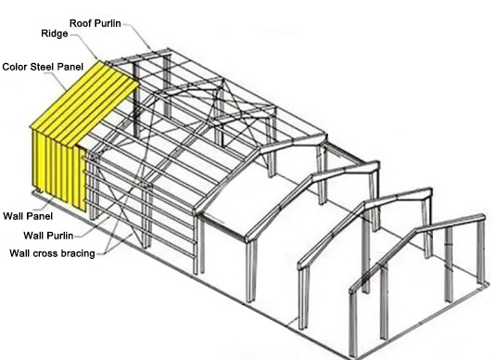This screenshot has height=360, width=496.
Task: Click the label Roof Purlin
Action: click(95, 23)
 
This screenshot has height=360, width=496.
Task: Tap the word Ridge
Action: click(55, 34)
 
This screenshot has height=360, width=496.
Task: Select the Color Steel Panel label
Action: click(43, 67)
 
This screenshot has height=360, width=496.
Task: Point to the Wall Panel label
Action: click(28, 216)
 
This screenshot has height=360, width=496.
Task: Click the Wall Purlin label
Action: click(48, 236)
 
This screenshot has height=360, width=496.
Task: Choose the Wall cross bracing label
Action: click(52, 253)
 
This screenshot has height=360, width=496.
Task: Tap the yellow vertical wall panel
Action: click(59, 170)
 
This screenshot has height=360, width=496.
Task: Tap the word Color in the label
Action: click(15, 67)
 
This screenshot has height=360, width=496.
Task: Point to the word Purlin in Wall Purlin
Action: click(59, 236)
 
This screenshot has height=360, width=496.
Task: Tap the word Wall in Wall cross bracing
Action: click(19, 253)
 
